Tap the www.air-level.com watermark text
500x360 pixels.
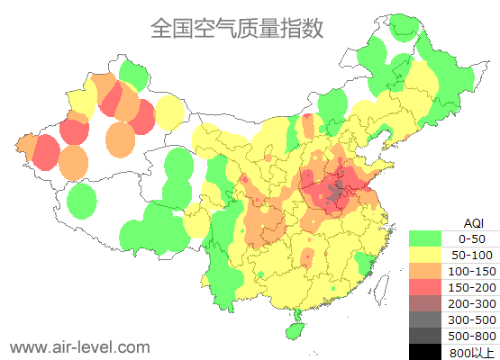point(79,346)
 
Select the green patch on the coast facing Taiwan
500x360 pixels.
point(364,263)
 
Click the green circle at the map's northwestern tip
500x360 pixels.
point(133,73)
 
